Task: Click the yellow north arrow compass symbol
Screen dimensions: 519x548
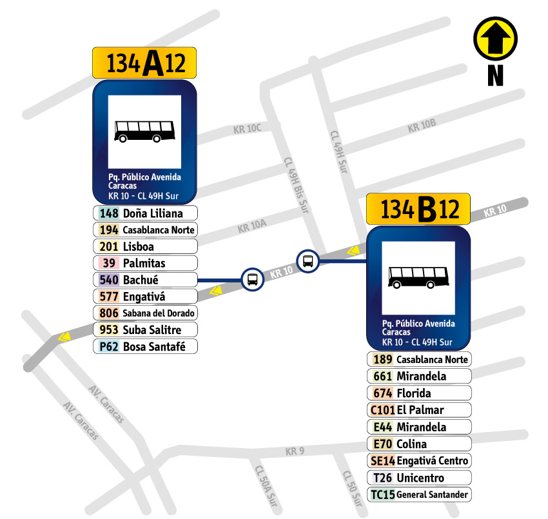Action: pyautogui.click(x=495, y=39)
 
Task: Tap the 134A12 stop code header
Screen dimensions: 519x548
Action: pyautogui.click(x=144, y=63)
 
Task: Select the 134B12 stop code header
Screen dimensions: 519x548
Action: pyautogui.click(x=418, y=209)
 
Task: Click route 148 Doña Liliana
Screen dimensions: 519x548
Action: pyautogui.click(x=145, y=213)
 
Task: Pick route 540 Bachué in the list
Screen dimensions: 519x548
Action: pyautogui.click(x=145, y=280)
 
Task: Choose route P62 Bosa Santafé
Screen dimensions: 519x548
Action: pyautogui.click(x=145, y=346)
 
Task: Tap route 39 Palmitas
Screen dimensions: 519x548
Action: pyautogui.click(x=145, y=263)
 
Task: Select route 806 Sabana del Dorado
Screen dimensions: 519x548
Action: pyautogui.click(x=145, y=313)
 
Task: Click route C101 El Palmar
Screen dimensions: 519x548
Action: pyautogui.click(x=419, y=409)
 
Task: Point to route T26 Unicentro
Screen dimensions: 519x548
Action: pyautogui.click(x=419, y=478)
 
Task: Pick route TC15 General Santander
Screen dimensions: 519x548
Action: pyautogui.click(x=419, y=495)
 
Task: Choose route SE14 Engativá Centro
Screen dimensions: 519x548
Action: pyautogui.click(x=419, y=460)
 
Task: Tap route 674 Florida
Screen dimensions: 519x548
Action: pyautogui.click(x=419, y=393)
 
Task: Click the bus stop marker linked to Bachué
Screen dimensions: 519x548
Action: pyautogui.click(x=252, y=280)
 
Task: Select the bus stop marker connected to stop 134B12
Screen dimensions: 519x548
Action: pyautogui.click(x=308, y=261)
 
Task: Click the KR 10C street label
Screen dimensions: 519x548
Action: pyautogui.click(x=247, y=130)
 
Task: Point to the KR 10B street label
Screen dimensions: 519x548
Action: pyautogui.click(x=422, y=127)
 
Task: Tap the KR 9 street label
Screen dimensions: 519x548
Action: pyautogui.click(x=294, y=451)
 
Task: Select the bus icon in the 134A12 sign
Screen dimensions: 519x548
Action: pyautogui.click(x=144, y=131)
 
